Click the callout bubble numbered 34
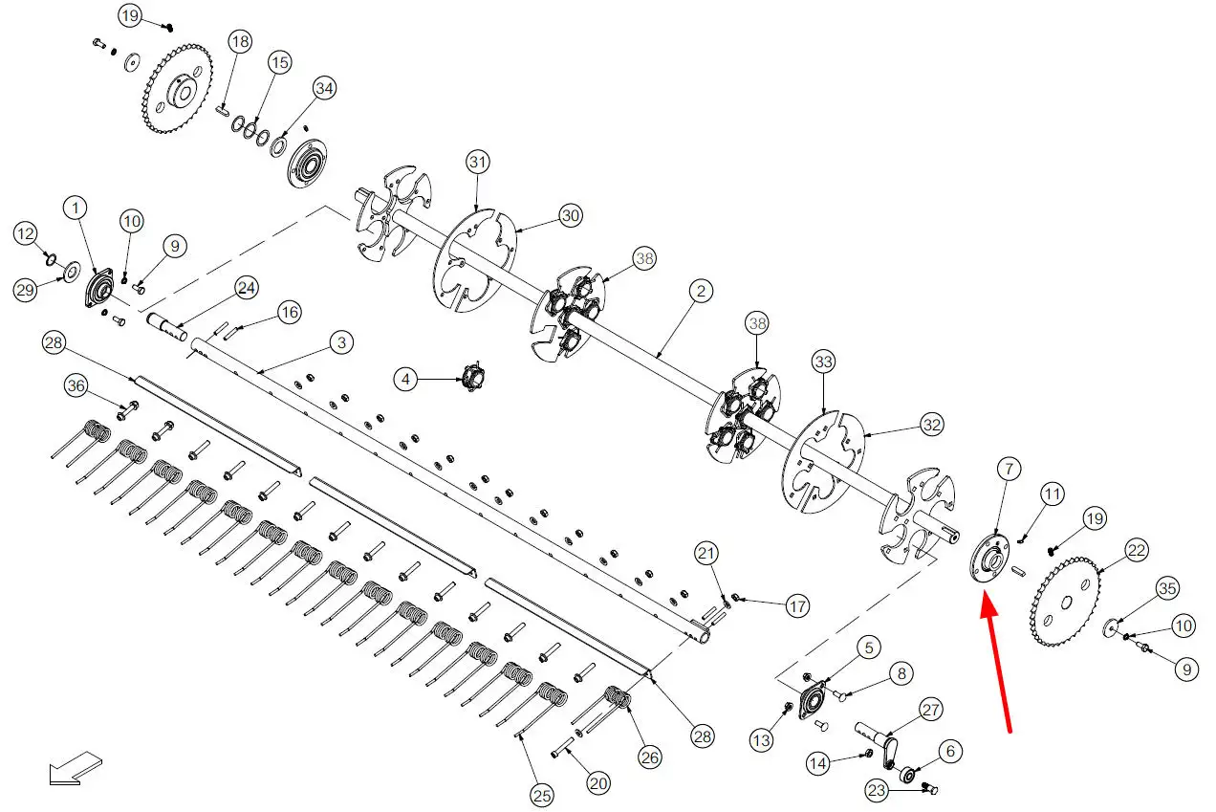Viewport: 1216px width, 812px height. point(324,88)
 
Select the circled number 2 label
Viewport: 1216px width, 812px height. point(701,291)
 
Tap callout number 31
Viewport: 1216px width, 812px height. point(478,162)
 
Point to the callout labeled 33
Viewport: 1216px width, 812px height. point(823,362)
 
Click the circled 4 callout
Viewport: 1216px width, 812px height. point(405,379)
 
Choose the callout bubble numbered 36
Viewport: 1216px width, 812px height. point(76,385)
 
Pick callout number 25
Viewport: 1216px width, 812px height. point(542,796)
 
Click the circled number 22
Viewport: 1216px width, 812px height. point(1137,550)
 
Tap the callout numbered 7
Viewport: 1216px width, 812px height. point(1009,469)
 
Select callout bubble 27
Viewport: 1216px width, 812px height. point(931,710)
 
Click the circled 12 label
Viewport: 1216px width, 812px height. point(26,233)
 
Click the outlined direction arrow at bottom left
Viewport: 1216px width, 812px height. point(76,769)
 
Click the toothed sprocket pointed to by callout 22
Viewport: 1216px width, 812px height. point(1065,601)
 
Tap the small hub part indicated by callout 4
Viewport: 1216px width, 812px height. point(473,376)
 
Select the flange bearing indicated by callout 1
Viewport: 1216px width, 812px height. point(99,287)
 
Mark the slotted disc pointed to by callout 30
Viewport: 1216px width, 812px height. point(475,261)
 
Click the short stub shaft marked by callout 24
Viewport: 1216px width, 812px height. point(166,326)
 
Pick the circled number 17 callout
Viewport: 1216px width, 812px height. point(797,605)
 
